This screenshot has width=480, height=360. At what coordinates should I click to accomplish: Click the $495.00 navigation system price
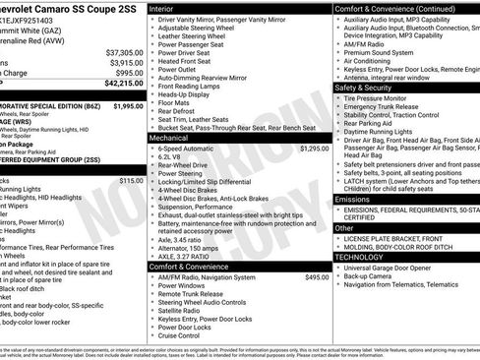point(317,278)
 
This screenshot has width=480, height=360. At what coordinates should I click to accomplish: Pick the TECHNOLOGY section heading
point(360,257)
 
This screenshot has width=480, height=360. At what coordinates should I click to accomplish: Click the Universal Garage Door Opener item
point(396,268)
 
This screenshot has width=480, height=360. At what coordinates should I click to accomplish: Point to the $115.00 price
point(131,181)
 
